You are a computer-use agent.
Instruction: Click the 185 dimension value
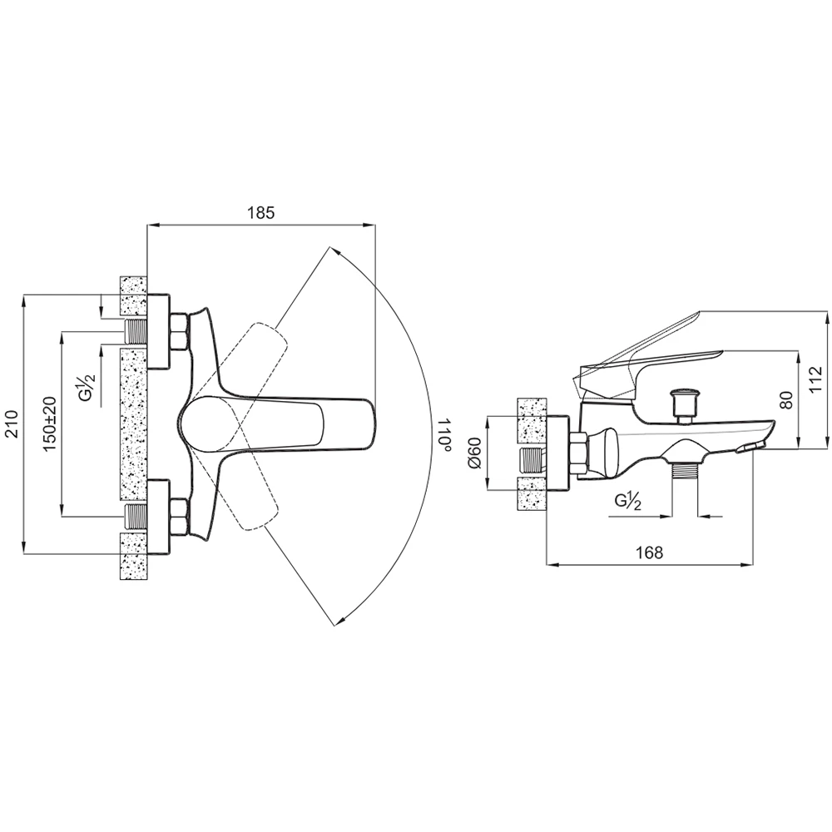click(260, 213)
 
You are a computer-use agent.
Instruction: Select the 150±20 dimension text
click(50, 423)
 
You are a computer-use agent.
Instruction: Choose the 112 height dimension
click(816, 379)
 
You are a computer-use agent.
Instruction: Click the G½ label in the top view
click(87, 389)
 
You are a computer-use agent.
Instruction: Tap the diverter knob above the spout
click(686, 402)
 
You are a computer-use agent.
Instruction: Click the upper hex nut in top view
click(179, 331)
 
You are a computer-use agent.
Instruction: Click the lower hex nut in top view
click(179, 516)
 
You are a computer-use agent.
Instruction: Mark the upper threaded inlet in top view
click(135, 332)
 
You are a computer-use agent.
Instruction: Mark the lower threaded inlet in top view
click(135, 516)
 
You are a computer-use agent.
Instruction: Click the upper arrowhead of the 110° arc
click(333, 249)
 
